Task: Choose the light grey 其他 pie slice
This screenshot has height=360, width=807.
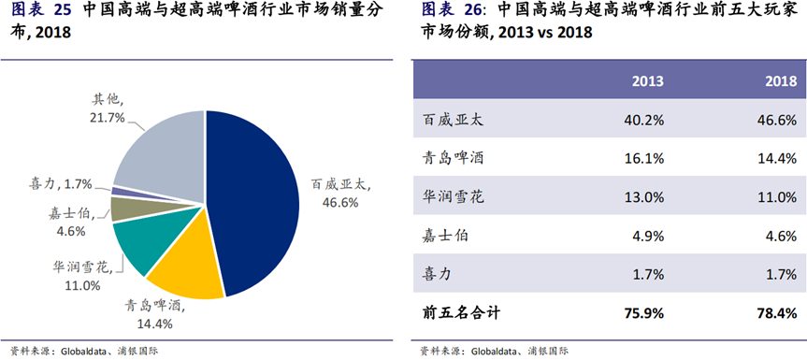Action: [165, 154]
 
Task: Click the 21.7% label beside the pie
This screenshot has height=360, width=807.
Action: [108, 118]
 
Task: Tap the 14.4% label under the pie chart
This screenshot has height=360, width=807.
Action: [154, 324]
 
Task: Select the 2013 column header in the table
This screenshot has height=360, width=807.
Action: [648, 81]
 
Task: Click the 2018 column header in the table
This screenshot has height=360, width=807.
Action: [781, 81]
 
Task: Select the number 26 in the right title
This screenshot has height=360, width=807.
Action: [474, 9]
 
